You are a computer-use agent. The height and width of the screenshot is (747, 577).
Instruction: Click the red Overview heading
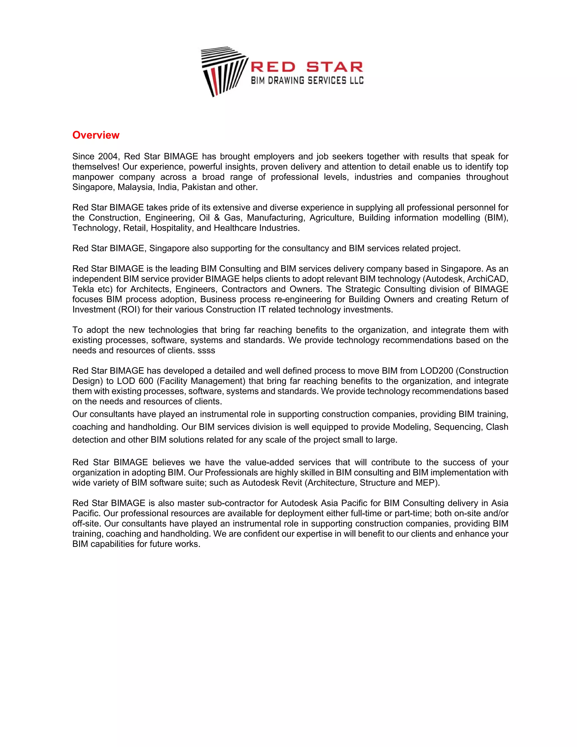tap(96, 135)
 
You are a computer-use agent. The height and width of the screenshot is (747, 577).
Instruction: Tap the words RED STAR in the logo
tap(307, 67)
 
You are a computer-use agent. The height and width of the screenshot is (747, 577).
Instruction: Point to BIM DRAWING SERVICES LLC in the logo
tap(307, 81)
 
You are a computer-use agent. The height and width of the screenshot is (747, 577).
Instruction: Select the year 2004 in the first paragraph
tap(108, 157)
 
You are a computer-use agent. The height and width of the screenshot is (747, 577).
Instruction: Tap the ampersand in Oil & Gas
tap(217, 218)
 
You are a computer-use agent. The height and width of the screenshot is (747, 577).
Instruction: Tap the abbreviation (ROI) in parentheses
tap(128, 310)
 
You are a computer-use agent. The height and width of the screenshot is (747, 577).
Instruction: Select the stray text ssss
tap(206, 351)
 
